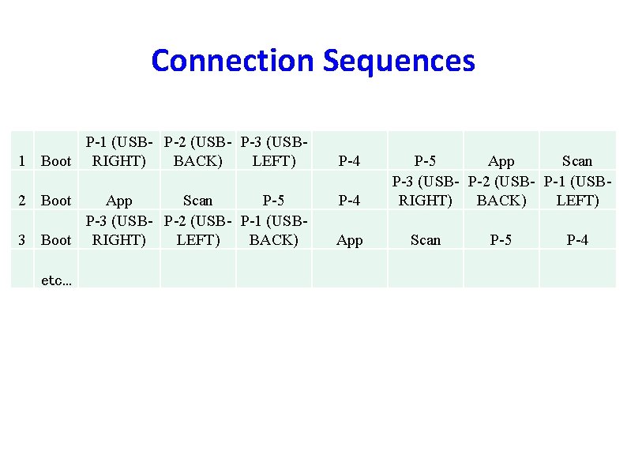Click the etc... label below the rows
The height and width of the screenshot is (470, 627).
(56, 280)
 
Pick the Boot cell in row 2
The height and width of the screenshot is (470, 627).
(56, 201)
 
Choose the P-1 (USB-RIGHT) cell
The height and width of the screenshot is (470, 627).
(119, 152)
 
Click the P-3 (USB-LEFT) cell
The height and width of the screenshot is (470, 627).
(273, 152)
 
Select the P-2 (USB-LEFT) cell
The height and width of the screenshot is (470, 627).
(197, 231)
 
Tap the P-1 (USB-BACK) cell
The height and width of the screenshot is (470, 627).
(273, 231)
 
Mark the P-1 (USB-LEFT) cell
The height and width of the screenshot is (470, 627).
(577, 192)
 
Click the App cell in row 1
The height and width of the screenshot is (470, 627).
(501, 161)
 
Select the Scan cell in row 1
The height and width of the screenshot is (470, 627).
(577, 161)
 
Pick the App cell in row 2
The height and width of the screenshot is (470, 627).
(119, 201)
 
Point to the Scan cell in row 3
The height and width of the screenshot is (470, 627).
(426, 240)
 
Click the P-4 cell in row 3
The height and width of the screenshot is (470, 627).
(577, 240)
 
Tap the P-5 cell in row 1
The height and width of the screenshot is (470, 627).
(426, 161)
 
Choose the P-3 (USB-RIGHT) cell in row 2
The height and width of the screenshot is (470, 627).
(426, 192)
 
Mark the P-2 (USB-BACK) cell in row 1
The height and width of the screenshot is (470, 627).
(197, 152)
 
